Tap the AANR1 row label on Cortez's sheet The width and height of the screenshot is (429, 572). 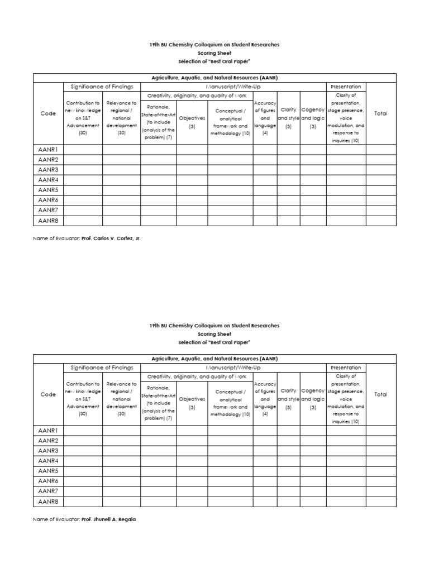[x=49, y=150]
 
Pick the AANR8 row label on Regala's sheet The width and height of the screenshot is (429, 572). [x=49, y=501]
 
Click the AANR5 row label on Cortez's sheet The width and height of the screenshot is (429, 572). [x=49, y=190]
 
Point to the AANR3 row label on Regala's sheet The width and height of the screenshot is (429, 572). [x=49, y=451]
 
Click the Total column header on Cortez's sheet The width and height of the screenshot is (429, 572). [x=380, y=113]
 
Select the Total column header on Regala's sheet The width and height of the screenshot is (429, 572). [x=380, y=394]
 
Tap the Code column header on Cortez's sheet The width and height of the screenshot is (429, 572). [x=49, y=113]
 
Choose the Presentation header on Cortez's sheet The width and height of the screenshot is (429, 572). [x=346, y=87]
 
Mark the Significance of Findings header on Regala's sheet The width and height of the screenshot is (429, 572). [x=102, y=368]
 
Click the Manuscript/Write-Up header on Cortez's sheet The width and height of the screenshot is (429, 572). [x=233, y=87]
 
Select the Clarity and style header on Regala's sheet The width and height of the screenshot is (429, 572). [x=288, y=399]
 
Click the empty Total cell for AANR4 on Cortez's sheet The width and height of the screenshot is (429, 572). [x=380, y=180]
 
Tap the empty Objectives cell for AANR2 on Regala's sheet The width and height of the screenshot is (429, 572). [x=192, y=441]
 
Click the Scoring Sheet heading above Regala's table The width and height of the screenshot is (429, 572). [x=214, y=334]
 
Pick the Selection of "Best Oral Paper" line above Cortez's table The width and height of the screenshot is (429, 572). [x=214, y=61]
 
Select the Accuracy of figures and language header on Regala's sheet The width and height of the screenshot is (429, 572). [x=265, y=399]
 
